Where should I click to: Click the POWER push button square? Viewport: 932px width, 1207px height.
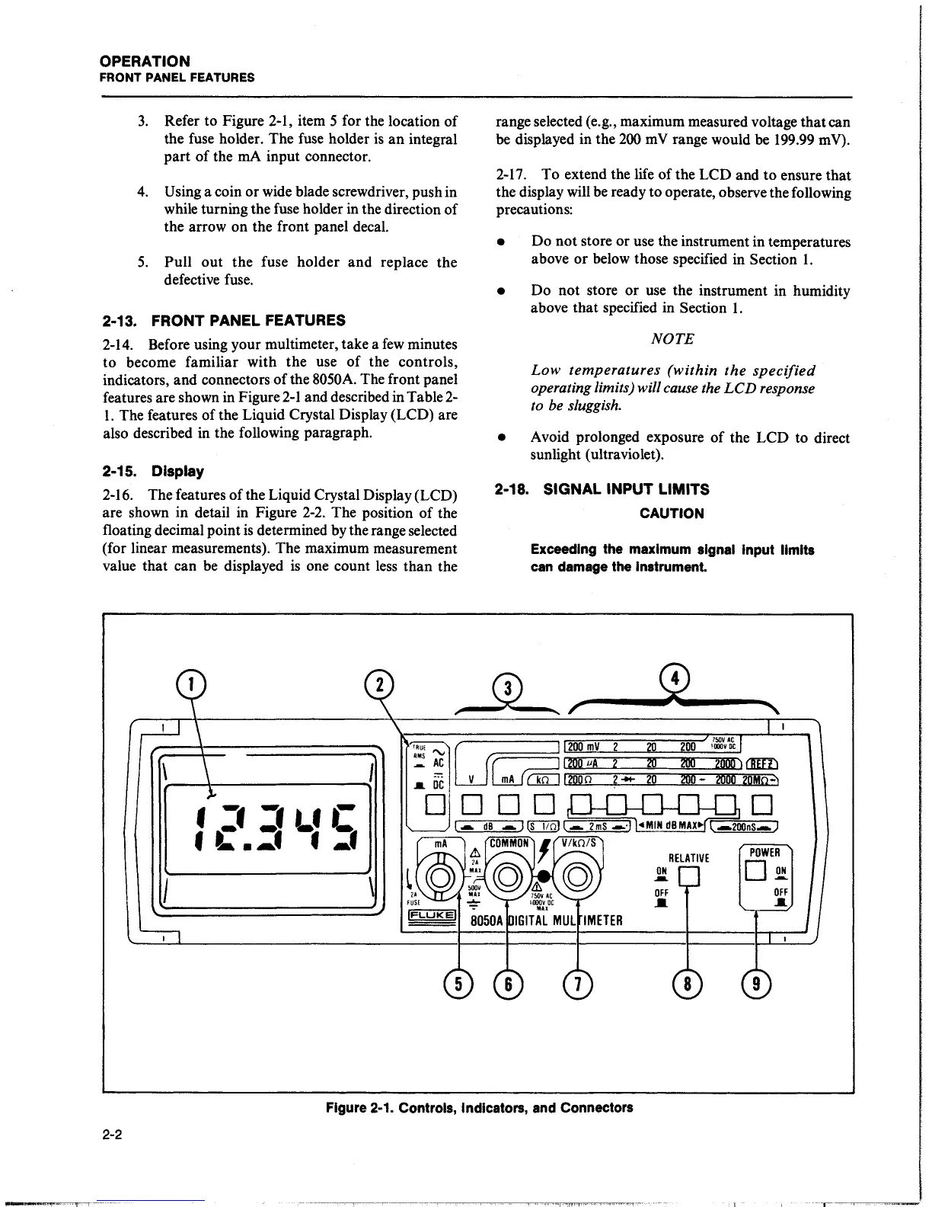click(x=757, y=869)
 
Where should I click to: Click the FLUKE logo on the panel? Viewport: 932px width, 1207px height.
click(x=432, y=914)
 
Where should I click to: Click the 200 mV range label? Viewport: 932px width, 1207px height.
click(x=586, y=747)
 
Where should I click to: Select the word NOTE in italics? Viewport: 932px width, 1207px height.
click(x=672, y=339)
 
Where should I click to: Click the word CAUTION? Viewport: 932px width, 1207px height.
click(x=672, y=514)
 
